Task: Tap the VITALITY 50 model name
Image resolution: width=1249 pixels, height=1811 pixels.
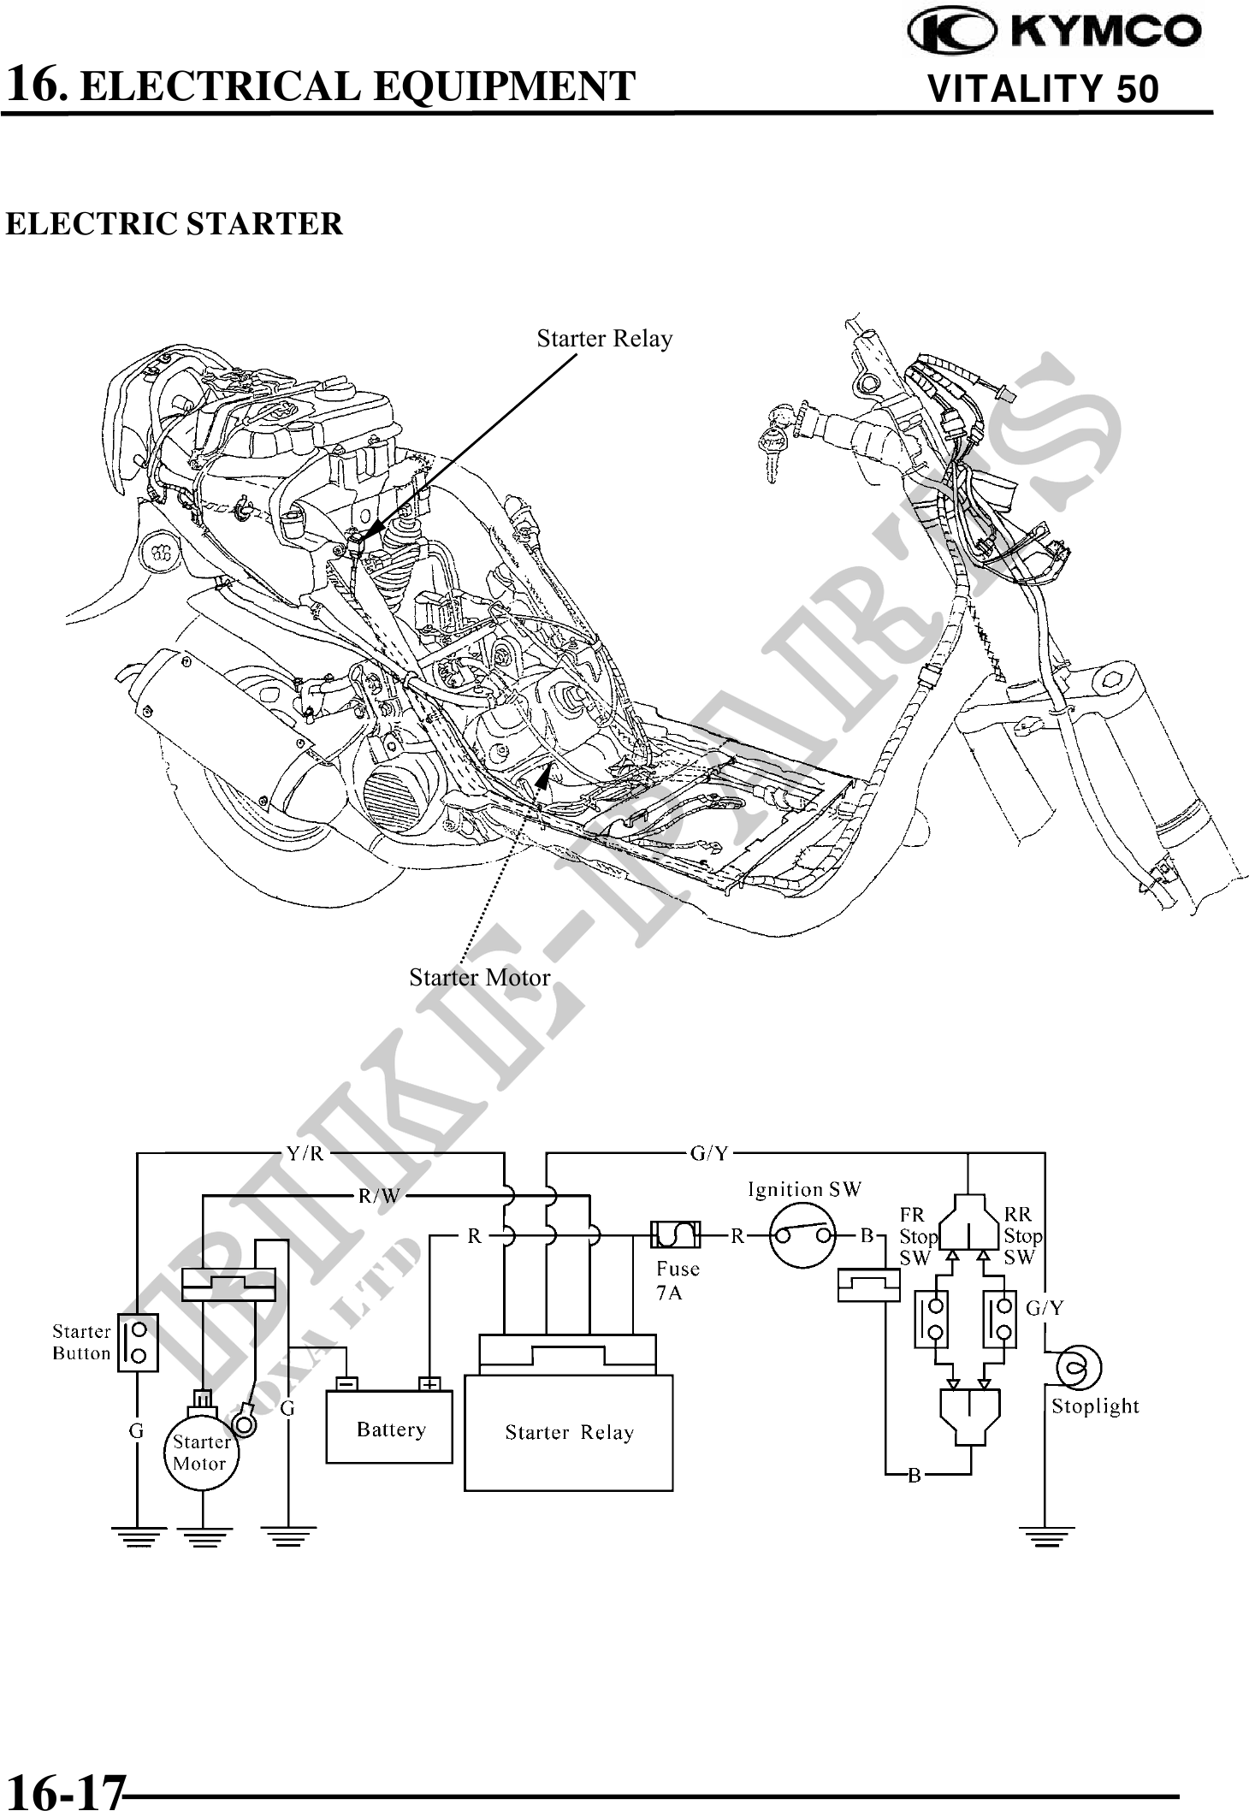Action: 1043,89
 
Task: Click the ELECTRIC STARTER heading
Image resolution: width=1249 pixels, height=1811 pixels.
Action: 174,224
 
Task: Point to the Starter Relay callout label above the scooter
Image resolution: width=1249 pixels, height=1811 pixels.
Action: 604,339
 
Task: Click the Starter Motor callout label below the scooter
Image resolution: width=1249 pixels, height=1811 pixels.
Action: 479,977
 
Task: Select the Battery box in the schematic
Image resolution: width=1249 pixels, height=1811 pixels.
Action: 389,1429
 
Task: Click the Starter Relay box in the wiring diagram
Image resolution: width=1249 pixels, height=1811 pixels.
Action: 568,1432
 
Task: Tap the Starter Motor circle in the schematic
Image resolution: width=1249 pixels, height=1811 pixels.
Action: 201,1453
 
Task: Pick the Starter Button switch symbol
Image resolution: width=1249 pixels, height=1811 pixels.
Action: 138,1342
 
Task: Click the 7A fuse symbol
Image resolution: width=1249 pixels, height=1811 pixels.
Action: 676,1234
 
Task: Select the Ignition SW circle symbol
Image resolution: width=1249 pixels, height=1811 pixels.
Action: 802,1235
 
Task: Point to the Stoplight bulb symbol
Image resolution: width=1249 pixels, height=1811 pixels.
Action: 1079,1366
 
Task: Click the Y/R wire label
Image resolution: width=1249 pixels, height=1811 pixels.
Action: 305,1153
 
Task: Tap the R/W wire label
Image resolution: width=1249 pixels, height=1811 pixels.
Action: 379,1196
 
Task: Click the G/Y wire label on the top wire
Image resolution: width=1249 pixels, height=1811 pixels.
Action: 709,1153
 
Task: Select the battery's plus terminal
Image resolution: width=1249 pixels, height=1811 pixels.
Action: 429,1384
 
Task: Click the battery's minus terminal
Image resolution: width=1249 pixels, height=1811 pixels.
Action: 346,1384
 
